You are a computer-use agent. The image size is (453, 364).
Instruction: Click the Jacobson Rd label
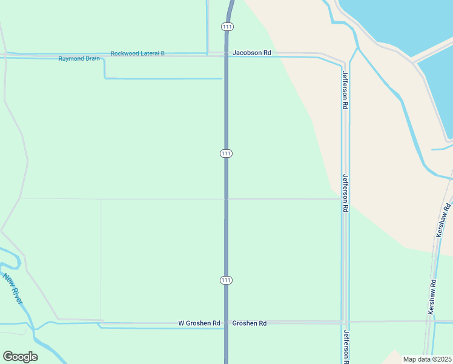251,53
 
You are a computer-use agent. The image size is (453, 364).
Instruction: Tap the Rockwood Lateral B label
137,53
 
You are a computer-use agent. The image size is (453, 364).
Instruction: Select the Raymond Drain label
79,59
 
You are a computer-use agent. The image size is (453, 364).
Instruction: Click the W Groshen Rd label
199,323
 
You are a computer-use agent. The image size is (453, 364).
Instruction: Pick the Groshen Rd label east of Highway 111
250,323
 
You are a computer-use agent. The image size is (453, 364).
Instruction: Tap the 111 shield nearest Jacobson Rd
226,27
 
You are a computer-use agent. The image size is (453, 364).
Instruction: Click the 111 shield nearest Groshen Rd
226,280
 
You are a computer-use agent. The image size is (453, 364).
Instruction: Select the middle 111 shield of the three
226,153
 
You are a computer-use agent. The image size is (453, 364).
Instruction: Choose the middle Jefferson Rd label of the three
345,193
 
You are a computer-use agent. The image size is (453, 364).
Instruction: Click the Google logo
20,357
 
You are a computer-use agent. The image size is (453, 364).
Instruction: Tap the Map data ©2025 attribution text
428,359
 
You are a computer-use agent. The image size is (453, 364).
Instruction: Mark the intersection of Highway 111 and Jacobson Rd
226,54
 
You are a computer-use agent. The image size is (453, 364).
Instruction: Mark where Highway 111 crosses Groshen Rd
226,322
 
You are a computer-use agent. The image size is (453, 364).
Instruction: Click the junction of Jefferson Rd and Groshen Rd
343,322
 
